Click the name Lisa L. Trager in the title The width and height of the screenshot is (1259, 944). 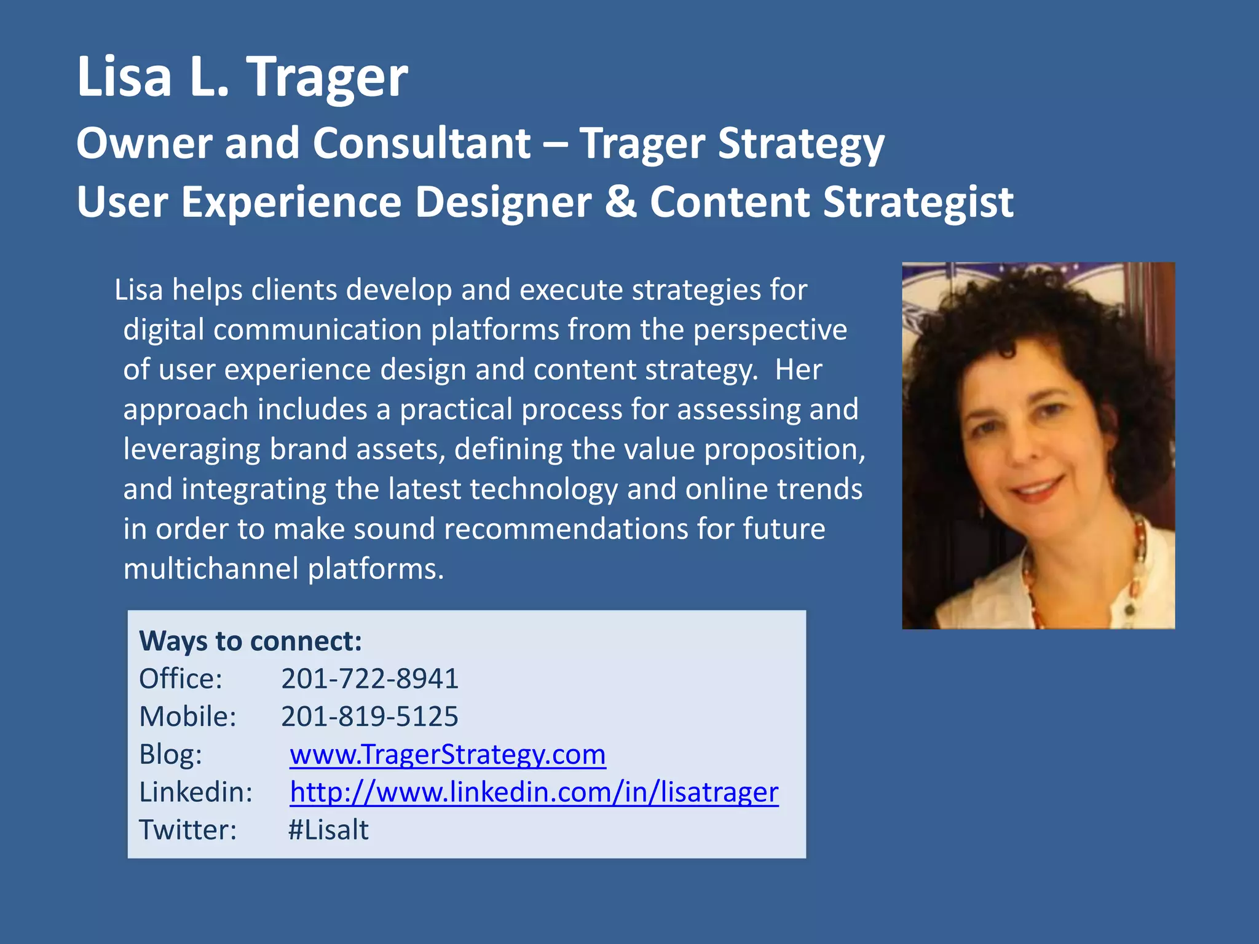point(242,77)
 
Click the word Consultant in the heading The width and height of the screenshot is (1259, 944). point(422,144)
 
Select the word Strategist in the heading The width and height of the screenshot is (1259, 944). point(918,203)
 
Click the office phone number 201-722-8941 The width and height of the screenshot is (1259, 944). point(369,678)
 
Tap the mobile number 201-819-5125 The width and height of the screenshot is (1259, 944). point(369,717)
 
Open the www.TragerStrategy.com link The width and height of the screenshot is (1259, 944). point(448,755)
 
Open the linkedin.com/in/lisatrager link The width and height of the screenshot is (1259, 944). point(534,792)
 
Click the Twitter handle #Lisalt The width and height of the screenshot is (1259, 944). point(328,830)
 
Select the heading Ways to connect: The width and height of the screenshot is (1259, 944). point(250,641)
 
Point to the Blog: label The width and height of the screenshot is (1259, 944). point(170,755)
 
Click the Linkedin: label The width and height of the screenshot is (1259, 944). point(195,792)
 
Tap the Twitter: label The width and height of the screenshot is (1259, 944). point(187,830)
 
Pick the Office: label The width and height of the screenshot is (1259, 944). point(181,679)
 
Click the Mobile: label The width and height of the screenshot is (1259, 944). point(187,717)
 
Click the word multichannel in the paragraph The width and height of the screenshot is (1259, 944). point(211,568)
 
